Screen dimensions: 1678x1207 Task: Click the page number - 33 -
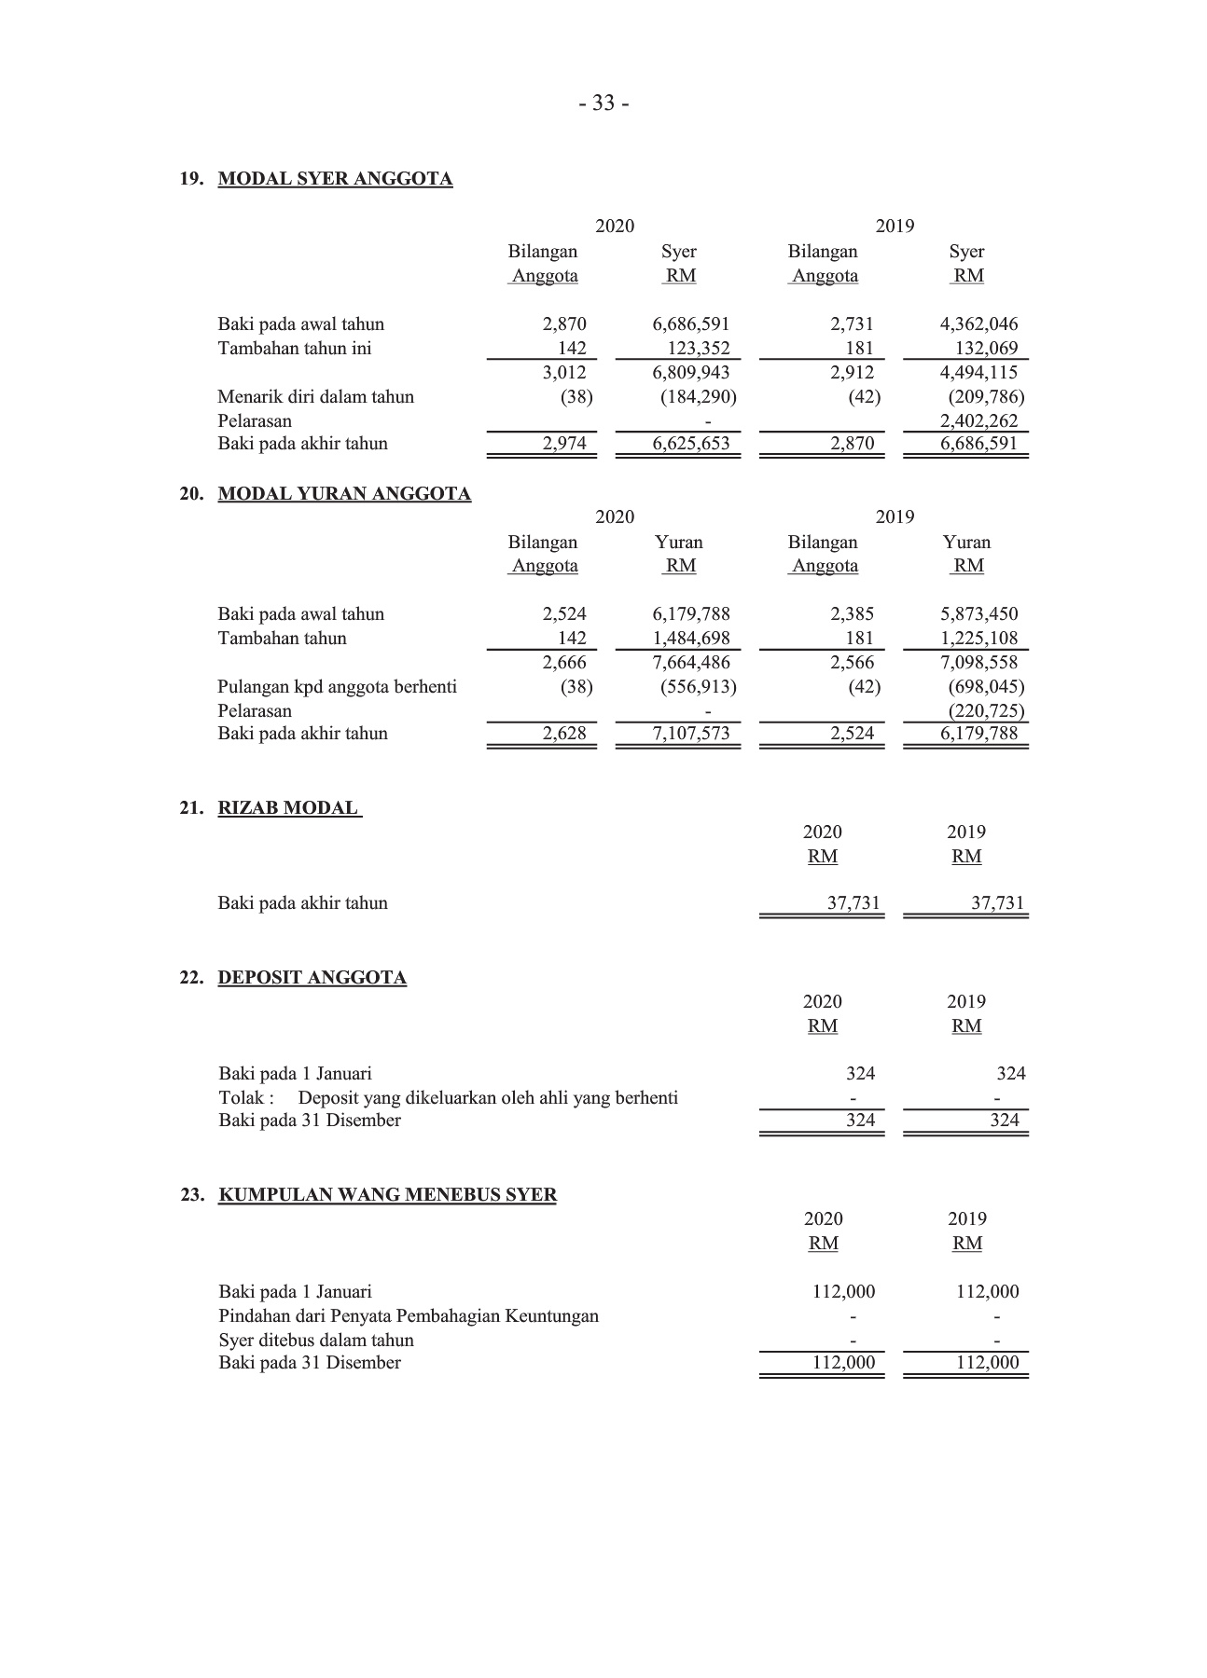point(603,103)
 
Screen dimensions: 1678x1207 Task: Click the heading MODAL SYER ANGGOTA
point(335,179)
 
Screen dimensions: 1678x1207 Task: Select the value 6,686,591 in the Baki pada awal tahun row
point(690,324)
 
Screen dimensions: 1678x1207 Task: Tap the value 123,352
point(698,349)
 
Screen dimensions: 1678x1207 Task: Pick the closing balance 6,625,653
point(690,444)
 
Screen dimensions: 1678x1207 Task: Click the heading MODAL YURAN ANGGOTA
point(344,494)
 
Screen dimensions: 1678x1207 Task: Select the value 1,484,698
point(690,639)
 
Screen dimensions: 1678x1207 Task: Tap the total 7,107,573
point(690,734)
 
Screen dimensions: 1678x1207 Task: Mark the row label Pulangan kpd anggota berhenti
point(337,687)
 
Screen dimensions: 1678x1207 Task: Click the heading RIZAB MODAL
point(288,808)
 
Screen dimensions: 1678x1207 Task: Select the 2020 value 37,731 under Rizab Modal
point(853,903)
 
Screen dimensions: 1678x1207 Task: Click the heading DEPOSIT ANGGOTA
point(312,978)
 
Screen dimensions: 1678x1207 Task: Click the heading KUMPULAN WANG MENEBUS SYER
point(387,1195)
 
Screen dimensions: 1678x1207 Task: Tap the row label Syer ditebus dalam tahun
point(315,1341)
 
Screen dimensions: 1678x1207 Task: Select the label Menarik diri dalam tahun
point(315,397)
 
